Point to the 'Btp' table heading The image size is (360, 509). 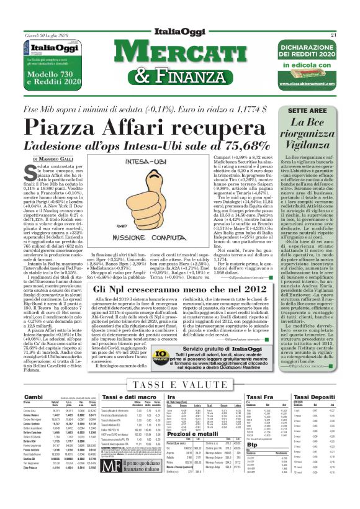[252, 444]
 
